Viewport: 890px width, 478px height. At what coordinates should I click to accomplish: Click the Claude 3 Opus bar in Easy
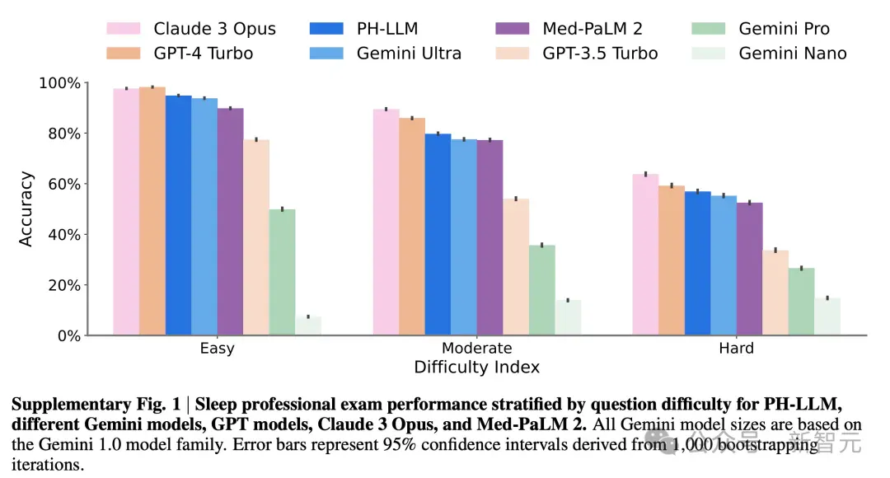[126, 212]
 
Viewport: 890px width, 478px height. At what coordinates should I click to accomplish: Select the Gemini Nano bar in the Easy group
[308, 326]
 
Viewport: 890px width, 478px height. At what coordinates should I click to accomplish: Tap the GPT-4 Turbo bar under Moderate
[411, 227]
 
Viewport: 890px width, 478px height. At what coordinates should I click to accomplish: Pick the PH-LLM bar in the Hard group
[698, 264]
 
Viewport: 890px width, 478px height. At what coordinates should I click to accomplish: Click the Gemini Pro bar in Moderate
[542, 290]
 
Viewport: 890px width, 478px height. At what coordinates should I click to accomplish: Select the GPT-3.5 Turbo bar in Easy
[256, 237]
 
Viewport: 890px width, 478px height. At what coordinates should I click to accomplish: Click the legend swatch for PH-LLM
[326, 28]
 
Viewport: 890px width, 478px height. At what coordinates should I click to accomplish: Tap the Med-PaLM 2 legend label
[593, 28]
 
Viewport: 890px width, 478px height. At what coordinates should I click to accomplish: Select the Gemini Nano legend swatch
[709, 54]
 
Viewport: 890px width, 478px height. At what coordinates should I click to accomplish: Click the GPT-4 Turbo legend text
[204, 54]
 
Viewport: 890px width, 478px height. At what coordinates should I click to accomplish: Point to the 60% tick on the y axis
[85, 184]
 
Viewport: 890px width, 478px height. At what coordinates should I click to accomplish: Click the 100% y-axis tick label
[59, 83]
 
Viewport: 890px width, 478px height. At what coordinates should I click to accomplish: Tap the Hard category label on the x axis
[736, 348]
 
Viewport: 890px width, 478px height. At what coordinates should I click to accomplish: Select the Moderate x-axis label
[477, 348]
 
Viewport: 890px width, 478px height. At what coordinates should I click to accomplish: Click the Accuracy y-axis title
[26, 209]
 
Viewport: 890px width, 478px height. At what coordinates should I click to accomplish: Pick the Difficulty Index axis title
[477, 368]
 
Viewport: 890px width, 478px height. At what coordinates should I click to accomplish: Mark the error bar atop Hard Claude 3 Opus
[646, 174]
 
